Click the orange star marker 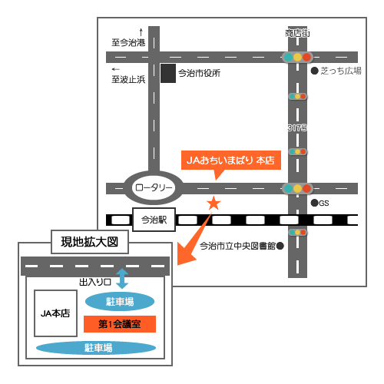point(214,203)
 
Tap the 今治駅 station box point(154,220)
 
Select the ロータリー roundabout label point(154,187)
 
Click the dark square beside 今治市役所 point(168,73)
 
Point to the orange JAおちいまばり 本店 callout point(231,161)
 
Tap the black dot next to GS point(314,203)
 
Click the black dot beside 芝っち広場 point(314,71)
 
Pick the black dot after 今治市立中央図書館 point(280,246)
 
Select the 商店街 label point(297,33)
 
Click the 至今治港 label point(128,42)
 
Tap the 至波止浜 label point(128,79)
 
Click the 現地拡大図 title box point(90,242)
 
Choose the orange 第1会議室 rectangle point(120,324)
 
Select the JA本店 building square point(55,313)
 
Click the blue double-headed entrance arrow point(122,279)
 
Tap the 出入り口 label point(95,282)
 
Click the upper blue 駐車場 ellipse point(120,302)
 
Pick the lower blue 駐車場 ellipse point(96,348)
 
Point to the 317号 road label point(297,127)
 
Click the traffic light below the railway point(297,233)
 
